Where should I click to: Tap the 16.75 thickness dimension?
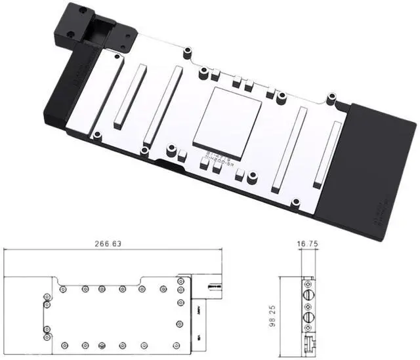(x=306, y=243)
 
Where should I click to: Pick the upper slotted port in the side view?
(x=308, y=296)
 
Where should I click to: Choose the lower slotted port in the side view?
(x=308, y=321)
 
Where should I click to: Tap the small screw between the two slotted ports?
(x=308, y=308)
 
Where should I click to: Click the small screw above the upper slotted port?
(x=308, y=284)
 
